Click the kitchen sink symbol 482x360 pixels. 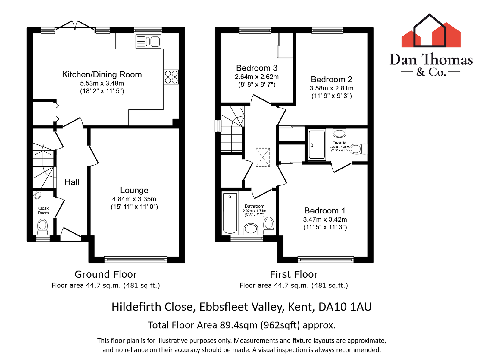(x=149, y=41)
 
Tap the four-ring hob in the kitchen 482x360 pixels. (x=171, y=77)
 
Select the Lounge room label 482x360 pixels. (x=134, y=190)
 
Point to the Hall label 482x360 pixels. (x=72, y=182)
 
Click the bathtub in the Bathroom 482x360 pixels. (x=230, y=213)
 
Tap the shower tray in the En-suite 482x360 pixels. (x=317, y=145)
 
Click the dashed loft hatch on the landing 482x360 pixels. (x=263, y=157)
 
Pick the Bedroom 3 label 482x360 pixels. (x=257, y=68)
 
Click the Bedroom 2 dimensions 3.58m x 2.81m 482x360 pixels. (x=331, y=88)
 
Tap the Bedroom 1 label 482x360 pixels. (x=325, y=210)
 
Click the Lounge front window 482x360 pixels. (x=136, y=259)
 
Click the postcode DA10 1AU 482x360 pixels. (x=345, y=307)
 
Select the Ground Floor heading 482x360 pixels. (x=106, y=274)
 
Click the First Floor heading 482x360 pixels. (x=294, y=274)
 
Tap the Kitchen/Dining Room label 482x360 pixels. (x=102, y=74)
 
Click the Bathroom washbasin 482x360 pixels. (x=251, y=229)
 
